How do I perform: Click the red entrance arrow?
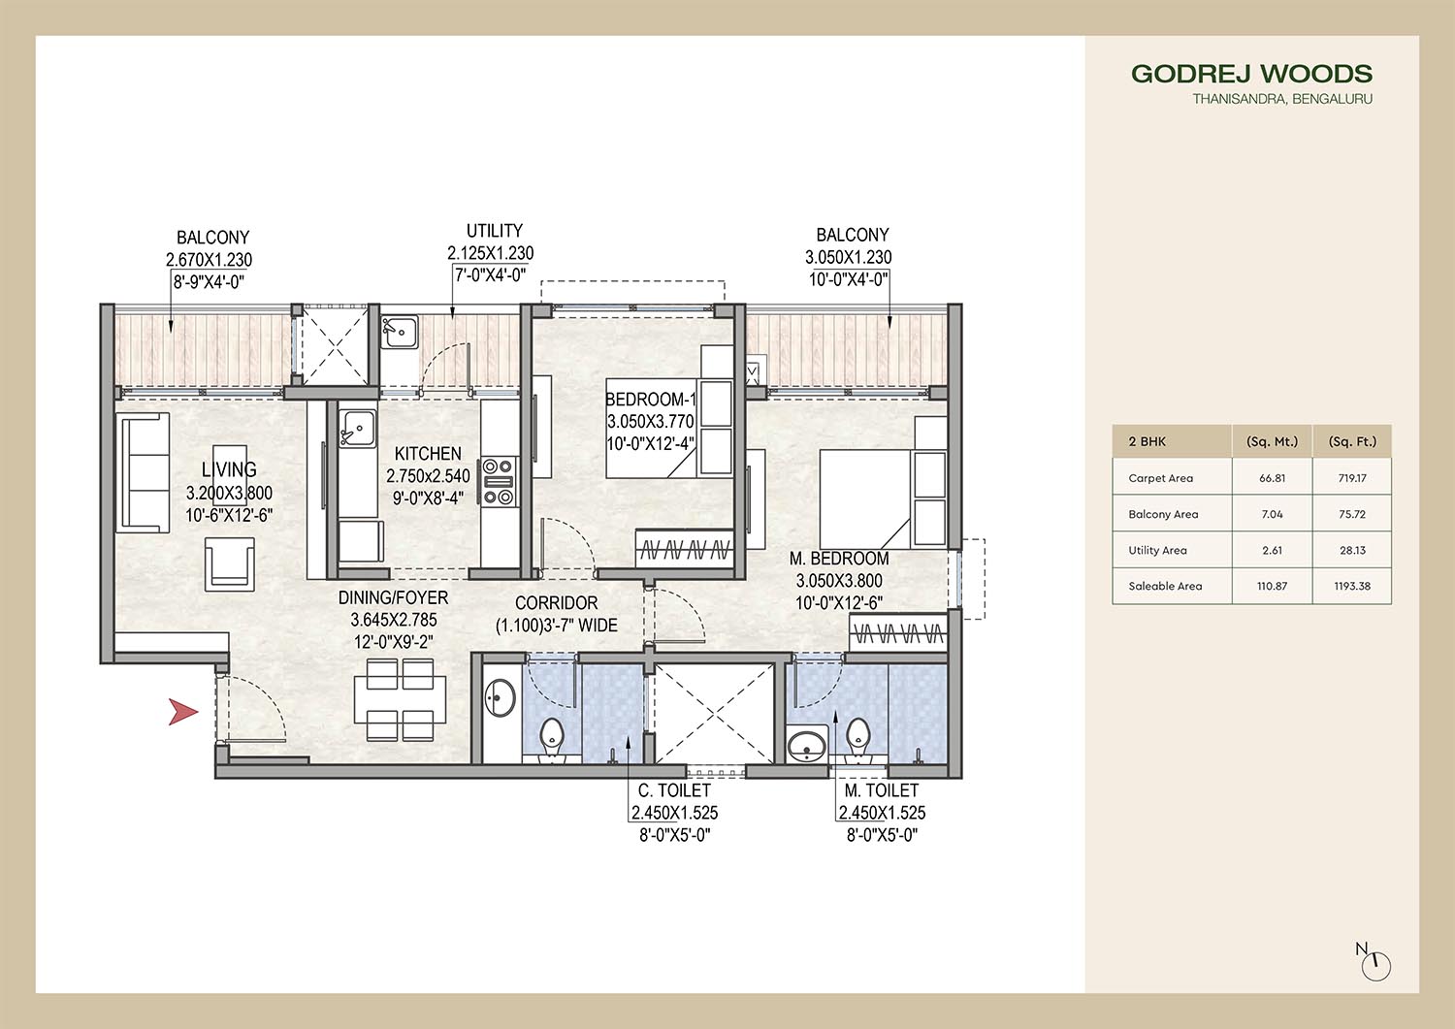coord(182,712)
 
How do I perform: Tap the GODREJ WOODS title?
coord(1251,74)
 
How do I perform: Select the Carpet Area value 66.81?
coord(1272,478)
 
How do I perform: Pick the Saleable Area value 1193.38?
coord(1352,586)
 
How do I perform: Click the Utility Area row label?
coord(1157,550)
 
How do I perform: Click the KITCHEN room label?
coord(428,454)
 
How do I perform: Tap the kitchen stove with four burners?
coord(499,481)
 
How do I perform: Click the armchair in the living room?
coord(229,563)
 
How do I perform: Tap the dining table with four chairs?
coord(400,699)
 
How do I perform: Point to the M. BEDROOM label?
coord(839,558)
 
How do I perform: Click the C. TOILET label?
coord(674,790)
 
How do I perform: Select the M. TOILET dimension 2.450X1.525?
coord(882,813)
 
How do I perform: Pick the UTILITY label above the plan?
coord(495,231)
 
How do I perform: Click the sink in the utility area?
coord(400,332)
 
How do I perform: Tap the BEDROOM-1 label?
coord(650,399)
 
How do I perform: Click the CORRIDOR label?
coord(556,603)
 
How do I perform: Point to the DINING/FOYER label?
coord(393,597)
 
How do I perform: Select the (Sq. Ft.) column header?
coord(1352,441)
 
